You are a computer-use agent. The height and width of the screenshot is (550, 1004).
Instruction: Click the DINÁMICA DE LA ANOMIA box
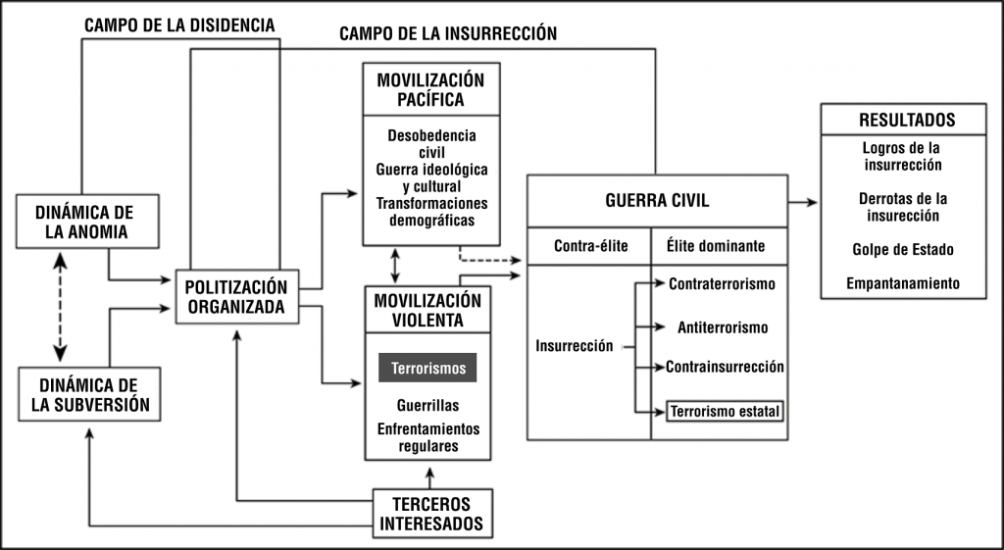click(x=87, y=223)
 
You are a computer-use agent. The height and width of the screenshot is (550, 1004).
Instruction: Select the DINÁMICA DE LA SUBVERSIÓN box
click(x=89, y=394)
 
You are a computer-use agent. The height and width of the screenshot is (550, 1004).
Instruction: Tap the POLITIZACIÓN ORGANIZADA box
click(x=236, y=296)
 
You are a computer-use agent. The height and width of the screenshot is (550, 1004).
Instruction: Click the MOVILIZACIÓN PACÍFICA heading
click(x=431, y=88)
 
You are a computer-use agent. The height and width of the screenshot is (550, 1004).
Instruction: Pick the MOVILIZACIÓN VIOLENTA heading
click(x=427, y=310)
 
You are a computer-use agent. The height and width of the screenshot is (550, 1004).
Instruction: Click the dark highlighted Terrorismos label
click(x=427, y=369)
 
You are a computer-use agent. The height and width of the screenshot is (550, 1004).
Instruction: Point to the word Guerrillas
click(x=427, y=404)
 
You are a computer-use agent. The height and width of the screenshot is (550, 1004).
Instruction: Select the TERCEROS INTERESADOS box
click(x=431, y=514)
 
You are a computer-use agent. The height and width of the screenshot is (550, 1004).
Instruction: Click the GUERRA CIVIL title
click(x=657, y=200)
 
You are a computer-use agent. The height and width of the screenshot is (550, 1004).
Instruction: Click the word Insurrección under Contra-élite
click(x=575, y=346)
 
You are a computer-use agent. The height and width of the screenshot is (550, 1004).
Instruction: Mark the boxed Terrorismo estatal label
click(x=726, y=411)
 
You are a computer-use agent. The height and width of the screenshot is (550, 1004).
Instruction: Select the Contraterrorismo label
click(x=723, y=284)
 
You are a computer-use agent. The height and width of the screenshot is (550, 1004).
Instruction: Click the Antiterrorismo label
click(x=723, y=326)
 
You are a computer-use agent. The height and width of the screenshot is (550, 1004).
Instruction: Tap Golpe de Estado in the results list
click(x=903, y=249)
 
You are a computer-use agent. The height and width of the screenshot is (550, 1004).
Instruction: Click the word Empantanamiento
click(x=903, y=284)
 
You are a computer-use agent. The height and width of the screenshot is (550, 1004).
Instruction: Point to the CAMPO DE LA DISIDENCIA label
click(x=179, y=25)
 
